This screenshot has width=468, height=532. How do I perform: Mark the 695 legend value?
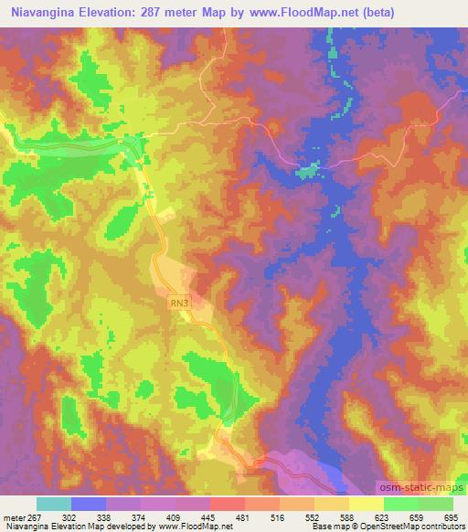click(452, 517)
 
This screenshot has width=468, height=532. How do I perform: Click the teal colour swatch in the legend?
click(54, 504)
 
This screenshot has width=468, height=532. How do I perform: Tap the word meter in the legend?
click(12, 517)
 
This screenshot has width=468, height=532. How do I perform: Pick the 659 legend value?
click(417, 517)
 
